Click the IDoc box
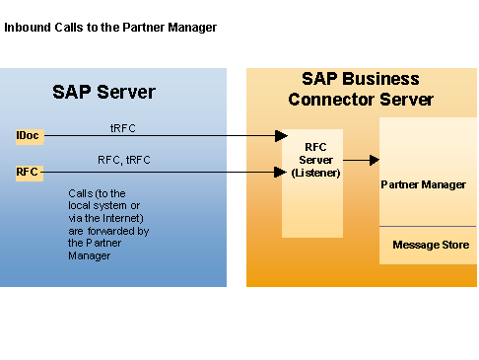[x=29, y=135]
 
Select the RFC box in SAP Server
[x=28, y=172]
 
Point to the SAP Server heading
[x=103, y=93]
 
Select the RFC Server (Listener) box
[x=313, y=182]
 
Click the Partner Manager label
[x=423, y=184]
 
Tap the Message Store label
[x=431, y=245]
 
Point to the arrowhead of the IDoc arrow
[x=281, y=136]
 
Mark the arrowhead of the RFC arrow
[x=281, y=172]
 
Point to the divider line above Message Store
[x=428, y=227]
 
